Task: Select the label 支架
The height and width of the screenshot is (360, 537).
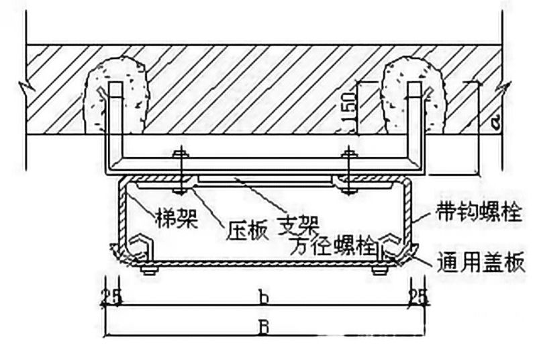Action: (299, 221)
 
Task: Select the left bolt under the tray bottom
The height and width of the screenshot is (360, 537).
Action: (149, 270)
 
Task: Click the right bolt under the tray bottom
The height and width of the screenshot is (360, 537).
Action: (379, 270)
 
